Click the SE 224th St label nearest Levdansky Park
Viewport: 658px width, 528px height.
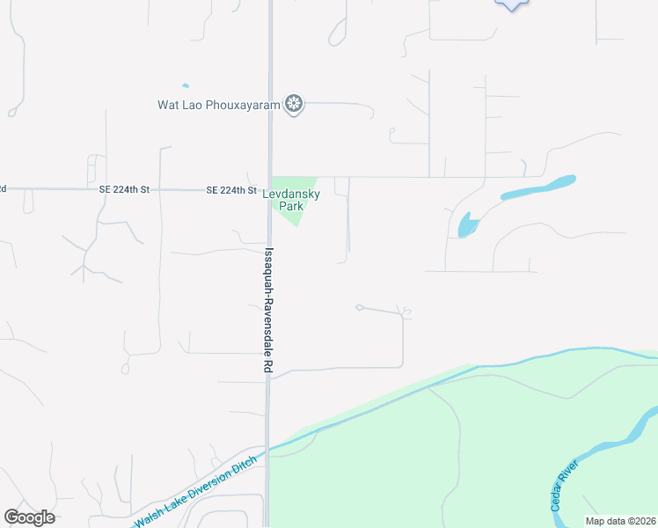pyautogui.click(x=231, y=190)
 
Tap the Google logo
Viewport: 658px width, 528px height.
pyautogui.click(x=29, y=517)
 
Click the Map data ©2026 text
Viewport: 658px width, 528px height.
pyautogui.click(x=620, y=521)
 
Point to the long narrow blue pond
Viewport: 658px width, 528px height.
pyautogui.click(x=538, y=187)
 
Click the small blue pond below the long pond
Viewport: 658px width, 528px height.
pyautogui.click(x=466, y=225)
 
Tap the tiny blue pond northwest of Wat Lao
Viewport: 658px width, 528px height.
pyautogui.click(x=185, y=85)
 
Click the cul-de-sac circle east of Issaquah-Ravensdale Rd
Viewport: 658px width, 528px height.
pyautogui.click(x=359, y=307)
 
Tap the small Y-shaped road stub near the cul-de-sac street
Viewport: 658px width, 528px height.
pyautogui.click(x=406, y=312)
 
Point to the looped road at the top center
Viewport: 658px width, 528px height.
pyautogui.click(x=337, y=32)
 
